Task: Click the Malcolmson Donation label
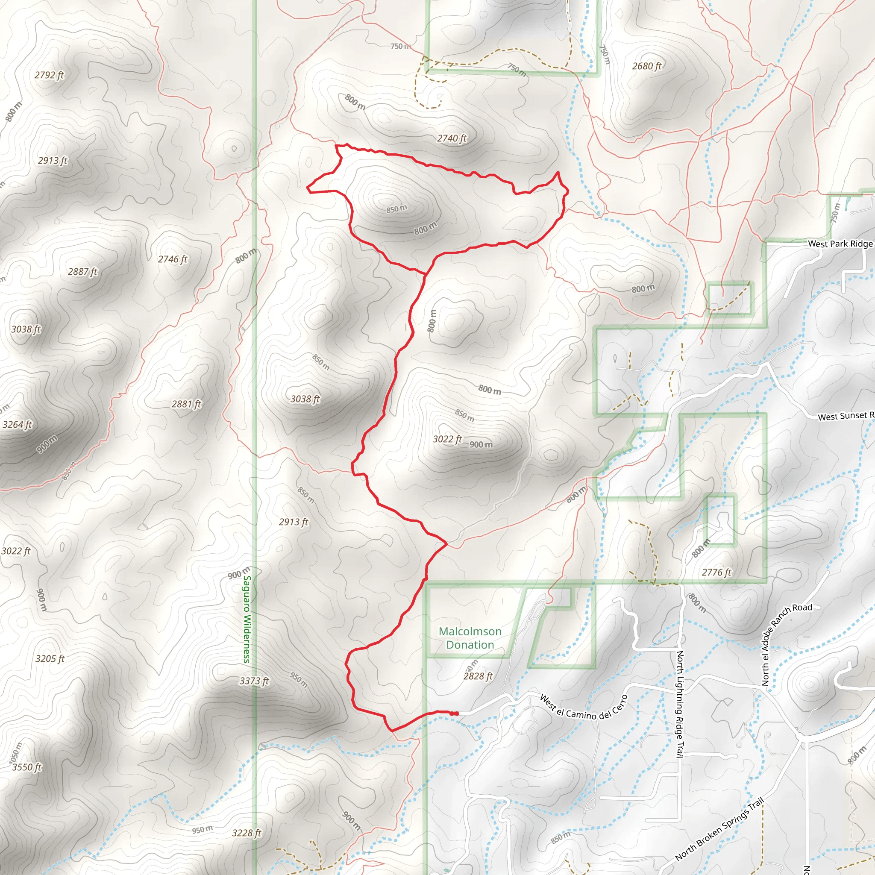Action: pyautogui.click(x=470, y=638)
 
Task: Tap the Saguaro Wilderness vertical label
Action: pyautogui.click(x=247, y=619)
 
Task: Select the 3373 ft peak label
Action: pyautogui.click(x=254, y=681)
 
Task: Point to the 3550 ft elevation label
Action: pyautogui.click(x=26, y=767)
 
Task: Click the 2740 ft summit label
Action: pyautogui.click(x=452, y=138)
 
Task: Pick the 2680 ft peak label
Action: pyautogui.click(x=647, y=66)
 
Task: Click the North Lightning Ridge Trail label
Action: pyautogui.click(x=679, y=704)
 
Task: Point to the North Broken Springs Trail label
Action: pyautogui.click(x=719, y=829)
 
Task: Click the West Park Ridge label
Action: pyautogui.click(x=840, y=244)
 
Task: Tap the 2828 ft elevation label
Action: pyautogui.click(x=478, y=676)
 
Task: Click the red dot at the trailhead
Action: pyautogui.click(x=457, y=714)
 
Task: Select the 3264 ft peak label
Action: pyautogui.click(x=17, y=425)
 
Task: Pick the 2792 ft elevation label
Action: pyautogui.click(x=49, y=75)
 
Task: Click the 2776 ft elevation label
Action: pyautogui.click(x=716, y=573)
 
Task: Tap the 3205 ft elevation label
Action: pyautogui.click(x=50, y=659)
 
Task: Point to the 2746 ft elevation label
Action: pyautogui.click(x=172, y=259)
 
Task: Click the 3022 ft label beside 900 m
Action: pyautogui.click(x=447, y=439)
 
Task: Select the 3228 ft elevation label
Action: pyautogui.click(x=247, y=833)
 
